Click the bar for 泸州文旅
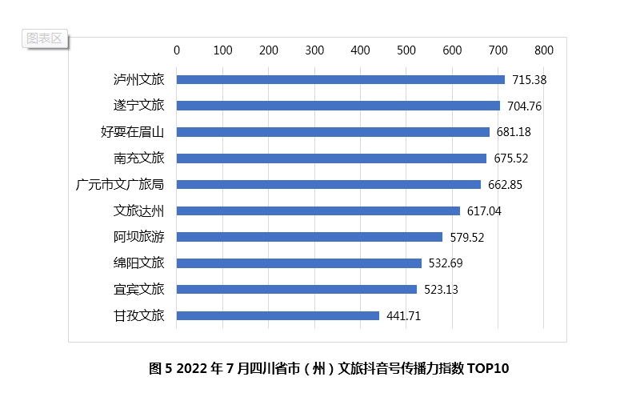pyautogui.click(x=340, y=79)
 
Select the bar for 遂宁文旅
pyautogui.click(x=338, y=106)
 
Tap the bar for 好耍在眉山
pyautogui.click(x=333, y=132)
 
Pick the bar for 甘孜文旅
pyautogui.click(x=278, y=315)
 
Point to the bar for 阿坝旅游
pyautogui.click(x=309, y=237)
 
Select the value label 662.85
pyautogui.click(x=505, y=185)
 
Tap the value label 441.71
pyautogui.click(x=403, y=316)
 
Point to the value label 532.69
pyautogui.click(x=446, y=263)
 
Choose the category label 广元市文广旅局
pyautogui.click(x=119, y=185)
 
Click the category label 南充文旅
pyautogui.click(x=138, y=158)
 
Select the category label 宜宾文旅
pyautogui.click(x=138, y=289)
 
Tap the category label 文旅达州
pyautogui.click(x=138, y=211)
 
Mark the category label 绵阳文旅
pyautogui.click(x=138, y=263)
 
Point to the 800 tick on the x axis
pyautogui.click(x=543, y=50)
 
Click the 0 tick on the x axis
pyautogui.click(x=177, y=50)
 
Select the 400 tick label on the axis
pyautogui.click(x=360, y=50)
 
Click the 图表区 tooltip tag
pyautogui.click(x=44, y=38)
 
